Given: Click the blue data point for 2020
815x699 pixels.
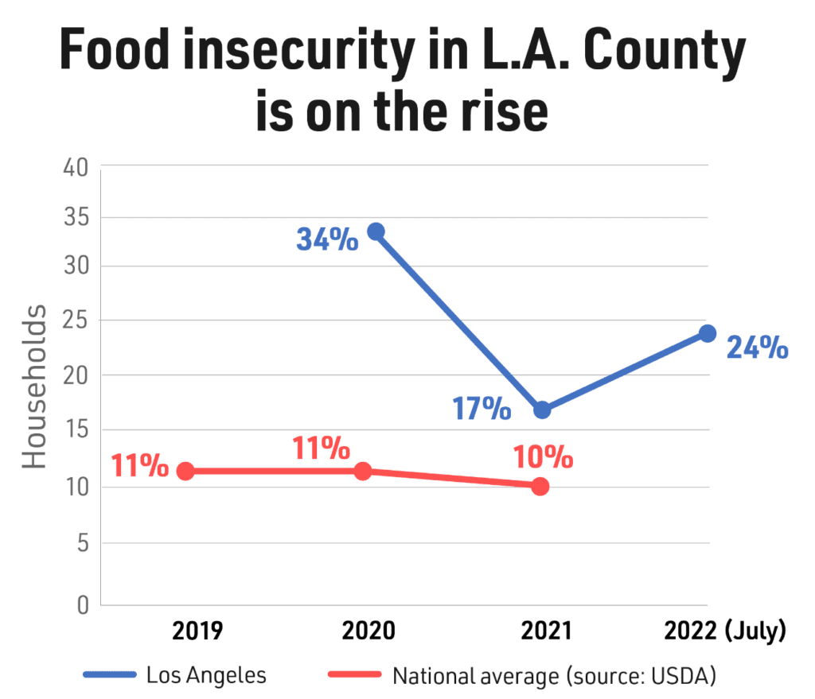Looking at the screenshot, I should (376, 231).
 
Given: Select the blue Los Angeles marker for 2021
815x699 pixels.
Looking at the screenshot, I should (542, 410).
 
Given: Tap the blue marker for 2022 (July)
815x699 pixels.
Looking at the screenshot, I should (707, 333).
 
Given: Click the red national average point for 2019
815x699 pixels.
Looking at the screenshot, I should (185, 471).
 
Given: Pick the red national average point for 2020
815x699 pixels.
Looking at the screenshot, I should (363, 471).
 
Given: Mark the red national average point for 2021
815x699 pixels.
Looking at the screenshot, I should (540, 486).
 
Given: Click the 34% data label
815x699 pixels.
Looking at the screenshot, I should (327, 239).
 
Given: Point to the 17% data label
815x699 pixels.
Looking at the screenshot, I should (482, 408).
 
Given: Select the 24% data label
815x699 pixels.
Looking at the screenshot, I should (756, 348).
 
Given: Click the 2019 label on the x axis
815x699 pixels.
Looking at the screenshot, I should (197, 631).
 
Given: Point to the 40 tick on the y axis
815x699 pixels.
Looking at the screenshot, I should (77, 169).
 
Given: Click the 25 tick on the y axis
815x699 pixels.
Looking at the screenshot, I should (78, 320).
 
